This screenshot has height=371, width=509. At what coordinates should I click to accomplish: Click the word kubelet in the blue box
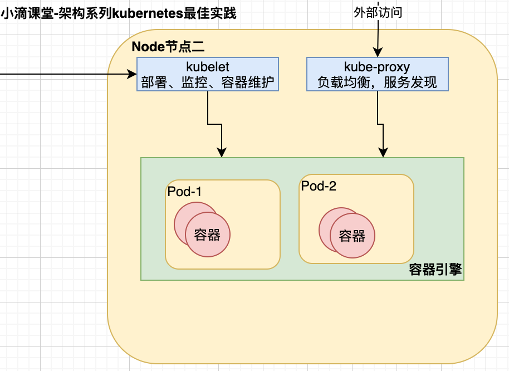tap(208, 67)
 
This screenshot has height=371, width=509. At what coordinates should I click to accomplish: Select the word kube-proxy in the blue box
tap(377, 67)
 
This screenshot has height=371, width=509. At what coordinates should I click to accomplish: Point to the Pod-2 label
tap(319, 186)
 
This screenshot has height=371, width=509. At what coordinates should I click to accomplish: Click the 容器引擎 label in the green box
tap(435, 270)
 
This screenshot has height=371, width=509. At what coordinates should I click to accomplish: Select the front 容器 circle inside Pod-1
tap(208, 235)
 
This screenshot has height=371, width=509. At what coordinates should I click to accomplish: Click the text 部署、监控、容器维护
tap(208, 82)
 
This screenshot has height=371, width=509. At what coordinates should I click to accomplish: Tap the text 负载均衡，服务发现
tap(377, 82)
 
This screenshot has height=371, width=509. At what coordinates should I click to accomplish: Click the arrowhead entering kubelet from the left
tap(133, 74)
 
